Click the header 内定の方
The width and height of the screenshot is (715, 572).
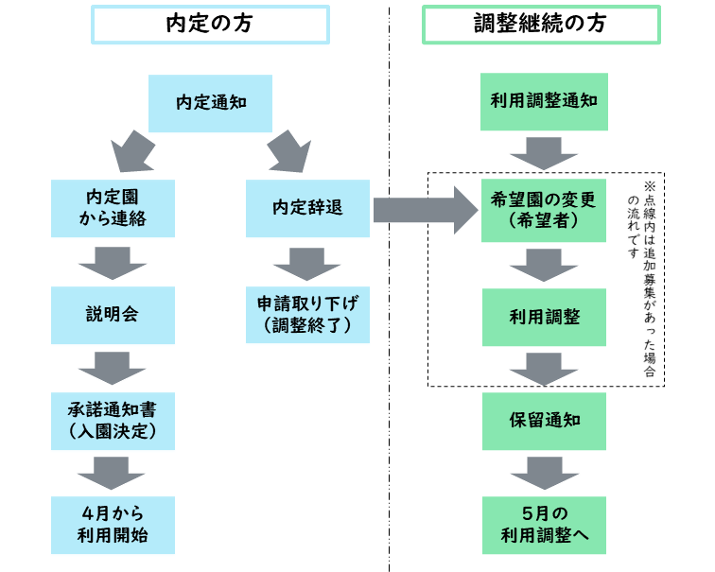click(x=210, y=26)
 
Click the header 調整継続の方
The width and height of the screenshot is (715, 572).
click(x=541, y=26)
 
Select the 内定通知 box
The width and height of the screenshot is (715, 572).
click(x=210, y=102)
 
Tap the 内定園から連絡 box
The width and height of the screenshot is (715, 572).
click(x=113, y=209)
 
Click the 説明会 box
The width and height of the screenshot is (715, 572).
click(x=113, y=315)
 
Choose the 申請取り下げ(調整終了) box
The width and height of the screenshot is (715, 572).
click(x=306, y=315)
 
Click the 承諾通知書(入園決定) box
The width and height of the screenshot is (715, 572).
click(x=113, y=421)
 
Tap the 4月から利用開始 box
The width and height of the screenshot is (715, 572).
click(x=113, y=525)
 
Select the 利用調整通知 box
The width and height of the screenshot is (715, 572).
click(x=544, y=102)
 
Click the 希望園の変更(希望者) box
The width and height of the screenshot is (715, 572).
click(x=544, y=209)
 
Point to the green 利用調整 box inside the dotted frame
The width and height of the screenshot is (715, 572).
click(x=544, y=315)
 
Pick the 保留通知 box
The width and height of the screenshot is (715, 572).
click(x=544, y=421)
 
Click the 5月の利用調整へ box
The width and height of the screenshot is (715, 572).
click(x=544, y=525)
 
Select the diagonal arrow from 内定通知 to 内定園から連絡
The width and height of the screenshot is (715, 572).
click(x=134, y=151)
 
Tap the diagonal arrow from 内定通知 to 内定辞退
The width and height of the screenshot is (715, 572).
click(x=288, y=151)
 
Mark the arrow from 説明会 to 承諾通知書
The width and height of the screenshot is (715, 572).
click(x=113, y=368)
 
